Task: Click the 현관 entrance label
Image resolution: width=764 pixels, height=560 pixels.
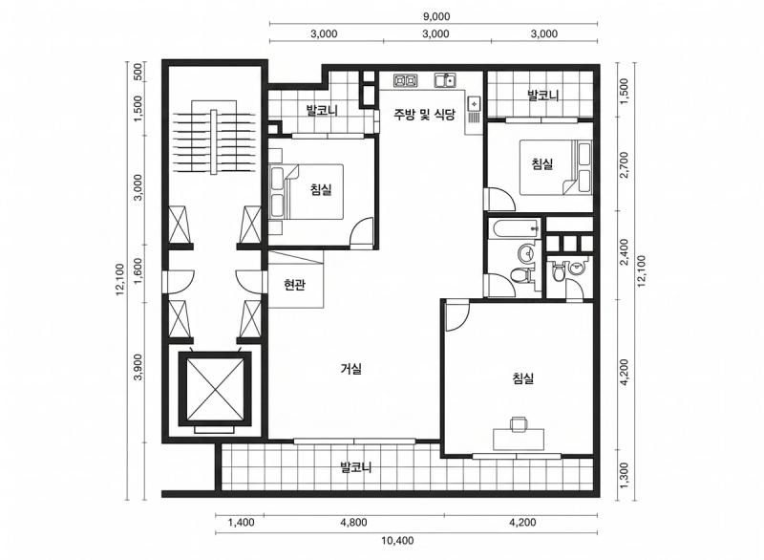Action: [294, 284]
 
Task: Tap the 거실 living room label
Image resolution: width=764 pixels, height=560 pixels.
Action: [350, 369]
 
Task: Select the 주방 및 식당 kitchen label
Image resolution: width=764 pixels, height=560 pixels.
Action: [424, 115]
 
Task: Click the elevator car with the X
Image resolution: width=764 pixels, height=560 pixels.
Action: [215, 389]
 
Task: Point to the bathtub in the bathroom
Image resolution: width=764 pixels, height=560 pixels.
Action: [515, 229]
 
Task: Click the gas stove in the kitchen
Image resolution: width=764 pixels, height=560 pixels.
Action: [405, 80]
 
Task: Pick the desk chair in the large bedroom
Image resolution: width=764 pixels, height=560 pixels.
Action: [519, 423]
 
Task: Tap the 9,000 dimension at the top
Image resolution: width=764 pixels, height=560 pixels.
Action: [436, 16]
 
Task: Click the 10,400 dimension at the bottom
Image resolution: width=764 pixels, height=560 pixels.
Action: [397, 540]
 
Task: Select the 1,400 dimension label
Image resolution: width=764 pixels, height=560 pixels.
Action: [242, 523]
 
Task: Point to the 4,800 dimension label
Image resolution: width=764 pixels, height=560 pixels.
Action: [353, 523]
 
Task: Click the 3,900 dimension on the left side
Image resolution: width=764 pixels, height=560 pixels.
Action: [138, 367]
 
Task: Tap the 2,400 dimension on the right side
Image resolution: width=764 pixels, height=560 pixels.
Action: [625, 251]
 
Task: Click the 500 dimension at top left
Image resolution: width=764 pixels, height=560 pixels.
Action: [138, 72]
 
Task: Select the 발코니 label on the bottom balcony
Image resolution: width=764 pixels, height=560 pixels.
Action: [355, 468]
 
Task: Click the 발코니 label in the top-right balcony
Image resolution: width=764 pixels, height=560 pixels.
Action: [543, 96]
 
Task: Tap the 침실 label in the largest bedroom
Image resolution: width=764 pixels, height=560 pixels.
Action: [523, 378]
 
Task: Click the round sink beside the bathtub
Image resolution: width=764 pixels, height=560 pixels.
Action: [526, 253]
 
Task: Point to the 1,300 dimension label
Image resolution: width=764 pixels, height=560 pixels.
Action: [625, 474]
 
